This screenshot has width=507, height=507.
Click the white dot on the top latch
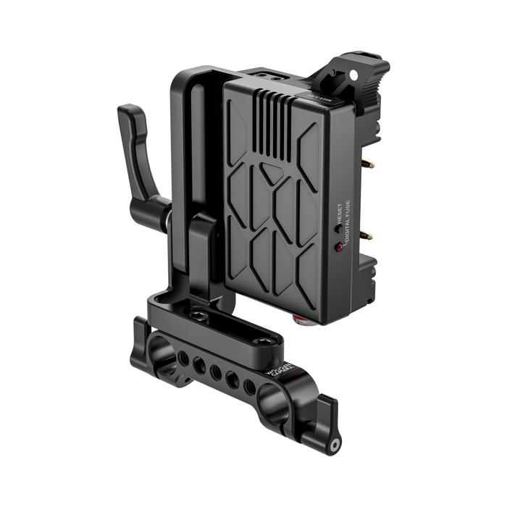355,73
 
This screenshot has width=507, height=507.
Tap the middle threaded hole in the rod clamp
216,369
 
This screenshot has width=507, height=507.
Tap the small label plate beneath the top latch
323,94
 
